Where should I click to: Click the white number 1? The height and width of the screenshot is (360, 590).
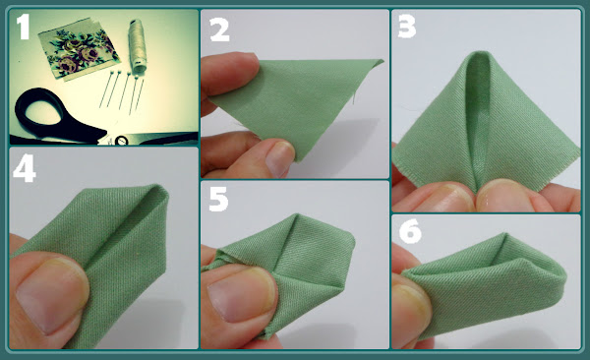pos(24,27)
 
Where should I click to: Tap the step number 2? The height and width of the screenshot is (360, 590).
pos(219,30)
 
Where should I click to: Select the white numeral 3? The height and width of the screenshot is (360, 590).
pos(407,27)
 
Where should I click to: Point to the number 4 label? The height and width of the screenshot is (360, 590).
pos(24,169)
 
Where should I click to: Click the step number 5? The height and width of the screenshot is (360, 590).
pos(218,199)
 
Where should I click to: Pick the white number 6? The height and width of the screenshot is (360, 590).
pos(410,231)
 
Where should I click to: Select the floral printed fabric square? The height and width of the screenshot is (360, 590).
pos(79,48)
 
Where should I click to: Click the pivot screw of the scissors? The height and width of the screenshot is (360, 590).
pos(121,141)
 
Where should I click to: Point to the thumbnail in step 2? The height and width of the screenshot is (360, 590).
pos(279,158)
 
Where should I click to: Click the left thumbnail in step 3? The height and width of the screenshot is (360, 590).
pos(449,197)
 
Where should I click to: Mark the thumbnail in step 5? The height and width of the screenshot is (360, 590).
pos(242,295)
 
